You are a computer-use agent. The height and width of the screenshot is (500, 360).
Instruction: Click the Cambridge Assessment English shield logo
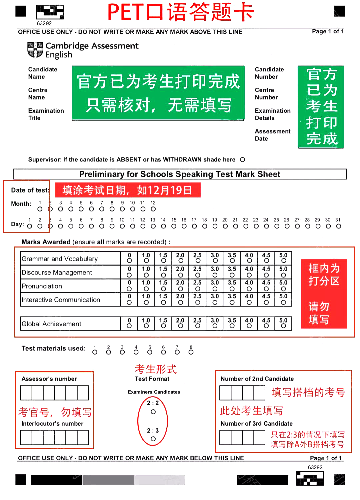(x=35, y=50)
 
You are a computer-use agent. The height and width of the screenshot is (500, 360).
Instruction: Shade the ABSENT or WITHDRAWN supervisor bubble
(x=242, y=160)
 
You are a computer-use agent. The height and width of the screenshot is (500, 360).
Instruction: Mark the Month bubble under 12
(x=153, y=209)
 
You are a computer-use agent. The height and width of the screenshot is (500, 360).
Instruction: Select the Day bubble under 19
(x=215, y=226)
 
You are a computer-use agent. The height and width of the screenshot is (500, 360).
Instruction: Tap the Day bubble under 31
(x=338, y=226)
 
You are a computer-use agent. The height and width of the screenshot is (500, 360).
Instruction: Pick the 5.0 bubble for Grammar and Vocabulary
(x=283, y=261)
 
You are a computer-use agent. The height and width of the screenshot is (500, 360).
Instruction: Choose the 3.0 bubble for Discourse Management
(x=215, y=275)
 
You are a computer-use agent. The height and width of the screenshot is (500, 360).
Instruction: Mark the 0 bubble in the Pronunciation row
(x=129, y=289)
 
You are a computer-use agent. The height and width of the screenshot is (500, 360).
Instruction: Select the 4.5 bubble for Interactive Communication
(x=266, y=303)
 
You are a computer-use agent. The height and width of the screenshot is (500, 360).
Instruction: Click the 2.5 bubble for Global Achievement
(x=198, y=326)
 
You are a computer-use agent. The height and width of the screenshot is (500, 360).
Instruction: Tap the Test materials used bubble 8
(x=191, y=352)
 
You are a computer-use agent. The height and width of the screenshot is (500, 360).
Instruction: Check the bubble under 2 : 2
(x=153, y=412)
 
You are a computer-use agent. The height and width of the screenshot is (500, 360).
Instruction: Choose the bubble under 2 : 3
(x=153, y=439)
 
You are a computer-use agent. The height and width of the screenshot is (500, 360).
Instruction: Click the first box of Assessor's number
(x=26, y=393)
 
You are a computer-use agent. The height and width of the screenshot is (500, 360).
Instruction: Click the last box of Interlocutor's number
(x=83, y=437)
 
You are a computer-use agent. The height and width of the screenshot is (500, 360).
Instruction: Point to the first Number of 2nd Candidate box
(x=225, y=393)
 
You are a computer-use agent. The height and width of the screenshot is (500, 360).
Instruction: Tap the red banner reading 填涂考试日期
(x=127, y=190)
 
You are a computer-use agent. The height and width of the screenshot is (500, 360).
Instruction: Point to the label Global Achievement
(x=51, y=324)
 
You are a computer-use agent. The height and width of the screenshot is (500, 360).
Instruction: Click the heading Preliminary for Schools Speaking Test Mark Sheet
(x=180, y=174)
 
